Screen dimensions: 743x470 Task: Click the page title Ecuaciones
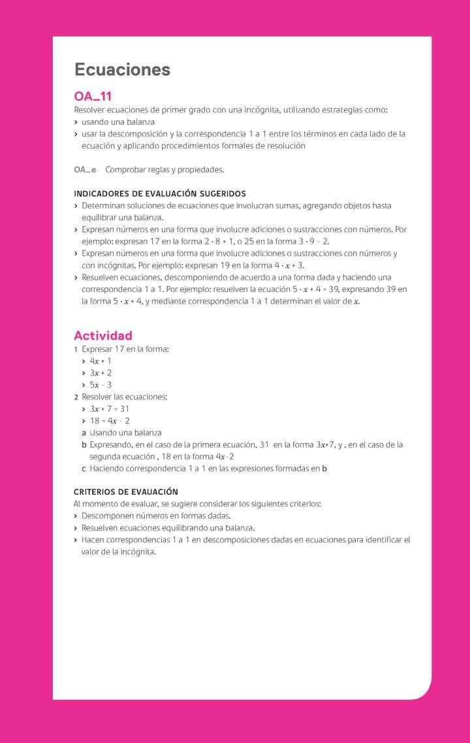click(x=122, y=70)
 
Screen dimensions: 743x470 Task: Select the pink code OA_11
click(x=93, y=96)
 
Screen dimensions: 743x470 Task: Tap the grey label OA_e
click(x=85, y=169)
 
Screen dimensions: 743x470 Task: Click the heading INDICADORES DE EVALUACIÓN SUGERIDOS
click(x=160, y=194)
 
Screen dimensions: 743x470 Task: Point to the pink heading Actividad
click(x=103, y=336)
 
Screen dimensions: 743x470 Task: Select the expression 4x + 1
click(x=101, y=361)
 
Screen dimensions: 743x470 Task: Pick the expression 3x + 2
click(x=101, y=373)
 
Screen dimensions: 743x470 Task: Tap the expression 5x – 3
click(x=101, y=385)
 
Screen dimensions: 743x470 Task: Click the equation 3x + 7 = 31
click(x=110, y=409)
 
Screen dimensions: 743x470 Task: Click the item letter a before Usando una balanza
click(x=84, y=433)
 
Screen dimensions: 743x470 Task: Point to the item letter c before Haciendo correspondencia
click(x=84, y=469)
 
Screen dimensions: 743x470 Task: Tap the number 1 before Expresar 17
click(x=76, y=349)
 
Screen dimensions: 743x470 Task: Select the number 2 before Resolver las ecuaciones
click(x=76, y=397)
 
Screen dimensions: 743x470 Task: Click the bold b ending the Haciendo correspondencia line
click(x=324, y=469)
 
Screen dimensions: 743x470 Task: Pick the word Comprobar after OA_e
click(x=125, y=169)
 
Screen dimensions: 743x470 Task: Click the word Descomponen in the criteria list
click(x=106, y=516)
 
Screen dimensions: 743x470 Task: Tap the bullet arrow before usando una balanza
click(x=76, y=123)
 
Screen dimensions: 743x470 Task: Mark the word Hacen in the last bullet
click(x=93, y=540)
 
